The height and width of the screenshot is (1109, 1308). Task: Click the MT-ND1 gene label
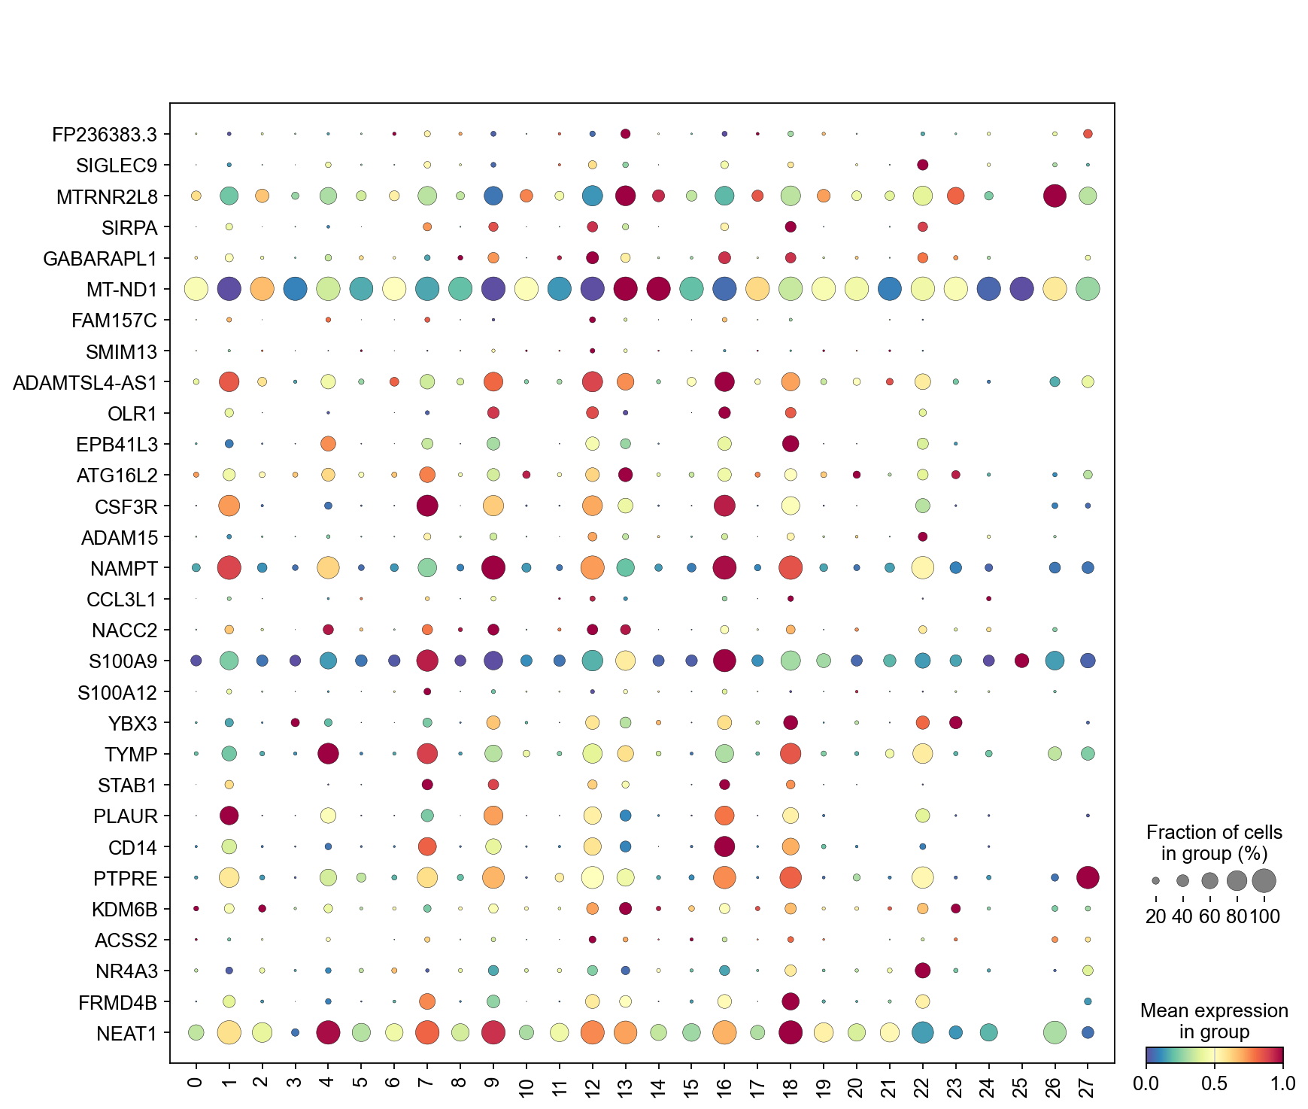[x=122, y=290]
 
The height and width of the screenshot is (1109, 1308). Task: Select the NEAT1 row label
[x=127, y=1034]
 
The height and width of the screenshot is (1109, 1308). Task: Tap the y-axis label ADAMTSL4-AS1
[x=85, y=383]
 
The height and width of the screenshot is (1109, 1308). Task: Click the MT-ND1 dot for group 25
[x=1021, y=288]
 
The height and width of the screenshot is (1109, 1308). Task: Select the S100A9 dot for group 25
[x=1021, y=661]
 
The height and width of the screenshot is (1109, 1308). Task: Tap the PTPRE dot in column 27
[x=1088, y=877]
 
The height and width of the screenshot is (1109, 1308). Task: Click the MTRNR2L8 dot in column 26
[x=1055, y=196]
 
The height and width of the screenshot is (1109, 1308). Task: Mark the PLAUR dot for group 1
[x=229, y=816]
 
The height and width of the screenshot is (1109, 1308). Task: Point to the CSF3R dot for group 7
[x=427, y=506]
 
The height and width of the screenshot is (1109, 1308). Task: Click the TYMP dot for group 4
[x=328, y=753]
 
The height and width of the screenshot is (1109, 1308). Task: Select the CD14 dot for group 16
[x=724, y=846]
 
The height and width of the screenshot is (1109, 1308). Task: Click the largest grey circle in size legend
[x=1264, y=880]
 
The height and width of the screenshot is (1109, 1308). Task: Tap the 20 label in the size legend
[x=1156, y=916]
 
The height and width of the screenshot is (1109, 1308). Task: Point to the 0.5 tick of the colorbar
[x=1214, y=1083]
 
